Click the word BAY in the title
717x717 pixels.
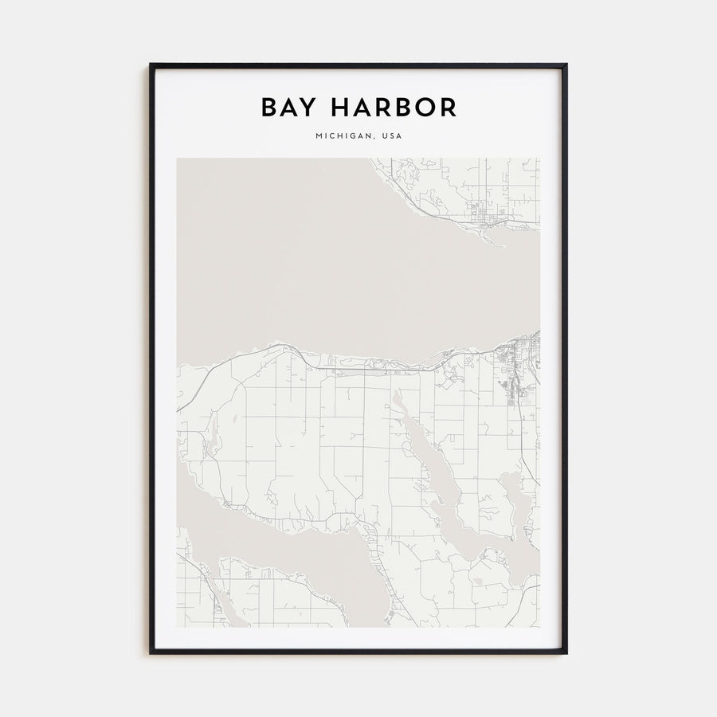(285, 108)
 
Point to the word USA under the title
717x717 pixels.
(392, 136)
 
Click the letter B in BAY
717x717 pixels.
(268, 108)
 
